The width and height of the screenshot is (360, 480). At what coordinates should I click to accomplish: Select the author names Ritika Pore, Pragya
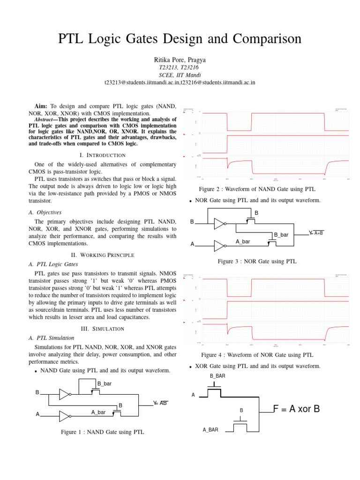pyautogui.click(x=180, y=60)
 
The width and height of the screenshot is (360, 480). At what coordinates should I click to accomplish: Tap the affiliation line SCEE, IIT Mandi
pyautogui.click(x=180, y=75)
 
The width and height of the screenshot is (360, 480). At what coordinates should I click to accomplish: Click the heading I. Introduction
pyautogui.click(x=103, y=155)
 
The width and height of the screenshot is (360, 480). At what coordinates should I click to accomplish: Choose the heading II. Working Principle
pyautogui.click(x=103, y=255)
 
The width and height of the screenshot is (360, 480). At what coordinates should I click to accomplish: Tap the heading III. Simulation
pyautogui.click(x=103, y=329)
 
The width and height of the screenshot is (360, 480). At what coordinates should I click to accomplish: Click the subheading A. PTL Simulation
pyautogui.click(x=52, y=337)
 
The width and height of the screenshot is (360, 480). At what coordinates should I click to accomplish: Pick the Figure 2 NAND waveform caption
pyautogui.click(x=257, y=189)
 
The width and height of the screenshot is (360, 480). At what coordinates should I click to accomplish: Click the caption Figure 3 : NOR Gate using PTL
pyautogui.click(x=257, y=261)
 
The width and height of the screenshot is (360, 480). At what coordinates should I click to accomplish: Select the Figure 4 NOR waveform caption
pyautogui.click(x=257, y=355)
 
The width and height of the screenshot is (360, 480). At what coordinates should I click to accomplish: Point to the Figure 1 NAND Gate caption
pyautogui.click(x=103, y=432)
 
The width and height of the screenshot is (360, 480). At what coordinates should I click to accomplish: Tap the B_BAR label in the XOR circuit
pyautogui.click(x=217, y=376)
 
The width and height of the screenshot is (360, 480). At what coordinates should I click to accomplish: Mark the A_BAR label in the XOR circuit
pyautogui.click(x=210, y=429)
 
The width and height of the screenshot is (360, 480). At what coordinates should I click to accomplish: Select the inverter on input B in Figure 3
pyautogui.click(x=219, y=224)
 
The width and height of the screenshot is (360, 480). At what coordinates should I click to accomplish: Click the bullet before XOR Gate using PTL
pyautogui.click(x=191, y=367)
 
